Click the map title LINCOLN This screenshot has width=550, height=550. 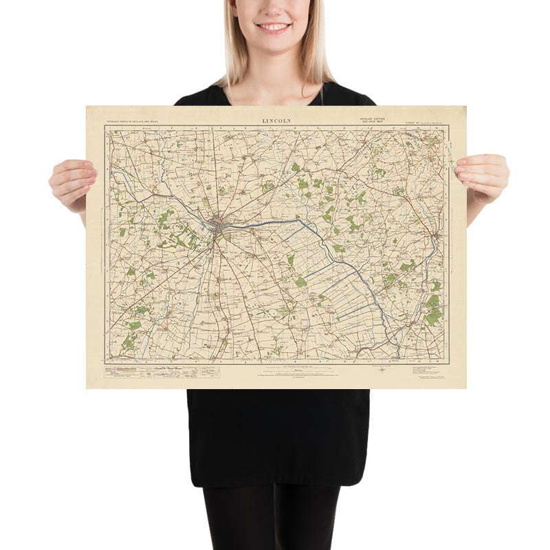(x=276, y=120)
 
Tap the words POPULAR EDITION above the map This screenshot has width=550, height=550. (x=372, y=119)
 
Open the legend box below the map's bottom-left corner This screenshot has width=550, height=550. (x=151, y=371)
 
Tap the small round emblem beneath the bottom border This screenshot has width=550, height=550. (x=382, y=370)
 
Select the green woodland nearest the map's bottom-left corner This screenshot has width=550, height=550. (x=129, y=341)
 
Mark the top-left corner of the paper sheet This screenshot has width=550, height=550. (x=87, y=107)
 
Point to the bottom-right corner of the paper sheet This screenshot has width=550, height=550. (x=465, y=388)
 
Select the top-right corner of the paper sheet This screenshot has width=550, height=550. (x=465, y=107)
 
